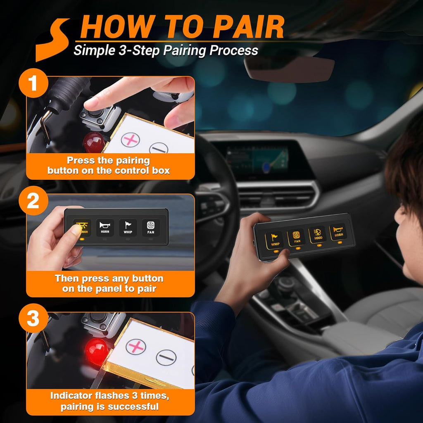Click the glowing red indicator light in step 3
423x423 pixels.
pos(97,352)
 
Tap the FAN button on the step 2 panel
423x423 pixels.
pos(150,228)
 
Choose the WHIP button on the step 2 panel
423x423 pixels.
pos(128,228)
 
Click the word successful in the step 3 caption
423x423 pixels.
pos(133,406)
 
